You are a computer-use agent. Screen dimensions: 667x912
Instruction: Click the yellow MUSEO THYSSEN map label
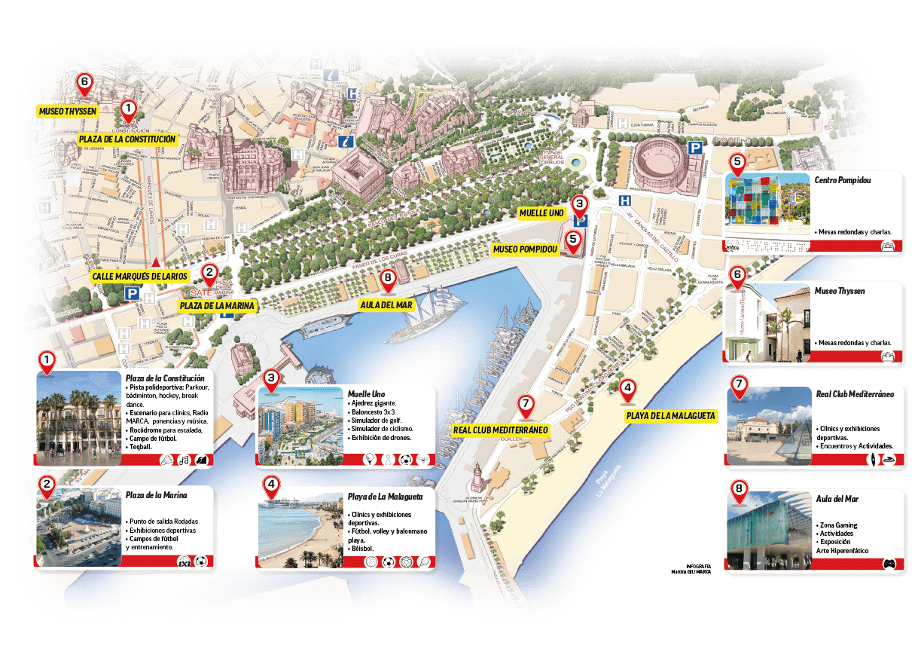click(67, 112)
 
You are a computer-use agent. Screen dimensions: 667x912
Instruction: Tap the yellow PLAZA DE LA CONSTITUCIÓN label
click(127, 139)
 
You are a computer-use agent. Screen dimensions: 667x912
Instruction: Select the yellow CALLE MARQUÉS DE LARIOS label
click(139, 277)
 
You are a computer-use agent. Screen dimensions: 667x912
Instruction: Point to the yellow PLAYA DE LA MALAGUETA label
click(670, 416)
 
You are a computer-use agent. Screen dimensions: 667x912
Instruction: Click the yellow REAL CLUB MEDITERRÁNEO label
click(500, 430)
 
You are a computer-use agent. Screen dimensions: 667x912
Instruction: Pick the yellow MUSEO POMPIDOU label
click(525, 249)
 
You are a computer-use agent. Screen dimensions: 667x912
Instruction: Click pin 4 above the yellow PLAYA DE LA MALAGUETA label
click(627, 390)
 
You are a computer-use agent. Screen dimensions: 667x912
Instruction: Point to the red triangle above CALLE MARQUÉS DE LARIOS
click(155, 262)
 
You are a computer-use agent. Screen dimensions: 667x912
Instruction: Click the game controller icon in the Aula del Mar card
click(889, 563)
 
